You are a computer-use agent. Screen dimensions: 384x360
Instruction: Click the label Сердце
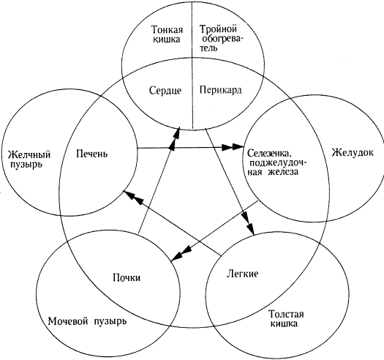point(165,91)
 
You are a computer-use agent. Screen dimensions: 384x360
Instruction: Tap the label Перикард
point(220,90)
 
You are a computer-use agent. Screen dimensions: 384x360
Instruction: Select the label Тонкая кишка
point(167,34)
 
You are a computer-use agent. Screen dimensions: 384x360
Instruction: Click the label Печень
point(92,154)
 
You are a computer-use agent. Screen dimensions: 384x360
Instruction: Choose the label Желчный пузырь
point(29,160)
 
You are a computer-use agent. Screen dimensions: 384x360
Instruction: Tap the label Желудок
point(353,153)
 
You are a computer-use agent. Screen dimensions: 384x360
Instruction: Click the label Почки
point(127,278)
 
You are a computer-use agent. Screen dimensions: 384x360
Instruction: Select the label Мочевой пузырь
point(88,321)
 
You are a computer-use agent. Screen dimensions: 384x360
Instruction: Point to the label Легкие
point(242,274)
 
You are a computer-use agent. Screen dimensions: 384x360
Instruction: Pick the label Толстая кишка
point(286,318)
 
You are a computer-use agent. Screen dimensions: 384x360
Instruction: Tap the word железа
point(283,172)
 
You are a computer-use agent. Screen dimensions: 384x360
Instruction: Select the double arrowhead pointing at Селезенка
point(233,147)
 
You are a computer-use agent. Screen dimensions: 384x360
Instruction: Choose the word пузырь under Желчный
point(26,165)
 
